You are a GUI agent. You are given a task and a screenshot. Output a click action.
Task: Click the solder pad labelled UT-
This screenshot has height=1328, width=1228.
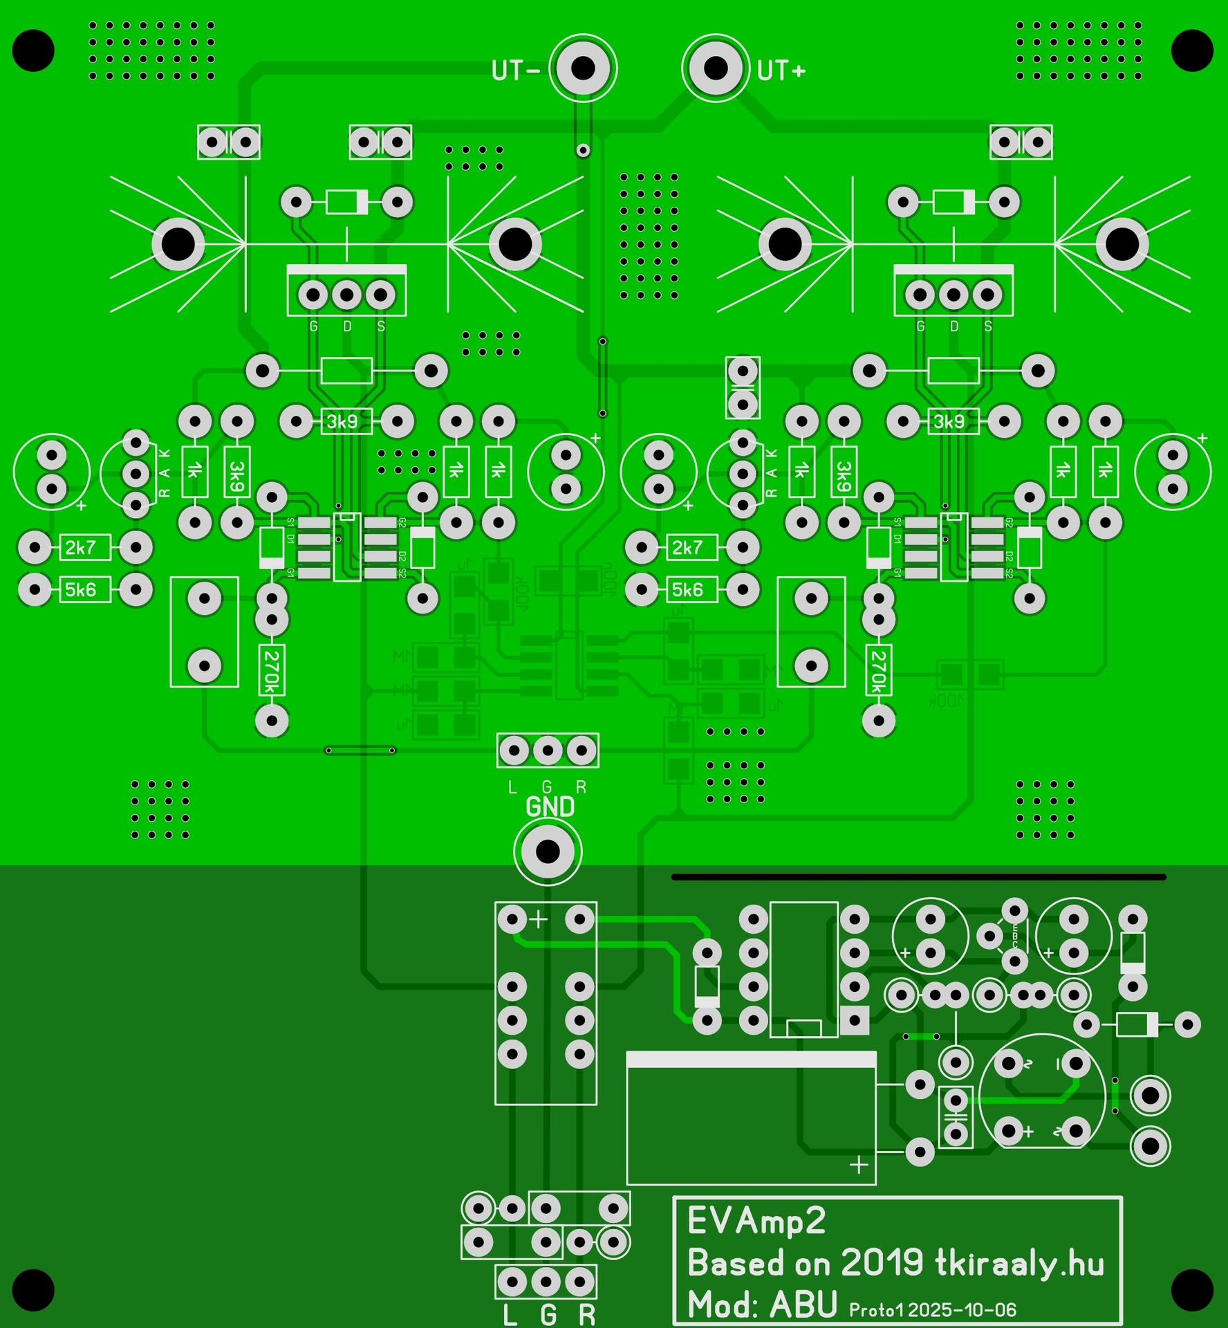[583, 68]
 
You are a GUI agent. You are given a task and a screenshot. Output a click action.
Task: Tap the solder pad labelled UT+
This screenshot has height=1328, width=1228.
[716, 68]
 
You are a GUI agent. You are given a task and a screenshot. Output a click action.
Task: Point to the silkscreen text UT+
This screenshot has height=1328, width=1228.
[781, 71]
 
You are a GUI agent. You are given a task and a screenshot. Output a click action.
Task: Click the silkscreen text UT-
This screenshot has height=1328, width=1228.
[515, 71]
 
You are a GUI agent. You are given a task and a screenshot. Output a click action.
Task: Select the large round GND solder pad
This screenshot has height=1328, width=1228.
[548, 851]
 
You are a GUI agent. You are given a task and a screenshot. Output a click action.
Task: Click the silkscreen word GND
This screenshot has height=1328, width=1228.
[550, 807]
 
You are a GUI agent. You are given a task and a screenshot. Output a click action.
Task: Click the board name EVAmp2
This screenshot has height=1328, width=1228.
[756, 1222]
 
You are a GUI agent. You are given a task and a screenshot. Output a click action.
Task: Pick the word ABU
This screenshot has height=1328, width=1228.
[803, 1305]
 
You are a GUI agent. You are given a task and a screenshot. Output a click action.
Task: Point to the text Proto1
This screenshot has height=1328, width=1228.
[876, 1310]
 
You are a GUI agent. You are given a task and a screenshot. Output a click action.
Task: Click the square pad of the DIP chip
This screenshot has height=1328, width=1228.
[855, 1020]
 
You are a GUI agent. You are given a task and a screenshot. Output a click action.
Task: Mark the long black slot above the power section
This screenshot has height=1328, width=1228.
[918, 877]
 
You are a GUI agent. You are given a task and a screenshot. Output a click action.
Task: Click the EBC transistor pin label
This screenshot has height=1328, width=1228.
[1015, 937]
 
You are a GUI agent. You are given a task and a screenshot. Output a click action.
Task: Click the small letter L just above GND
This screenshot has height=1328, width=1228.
[512, 788]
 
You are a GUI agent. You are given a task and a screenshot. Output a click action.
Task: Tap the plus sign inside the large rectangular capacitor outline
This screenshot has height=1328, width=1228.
[859, 1165]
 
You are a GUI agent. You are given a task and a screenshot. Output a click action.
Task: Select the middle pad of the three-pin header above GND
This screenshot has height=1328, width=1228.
[548, 750]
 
